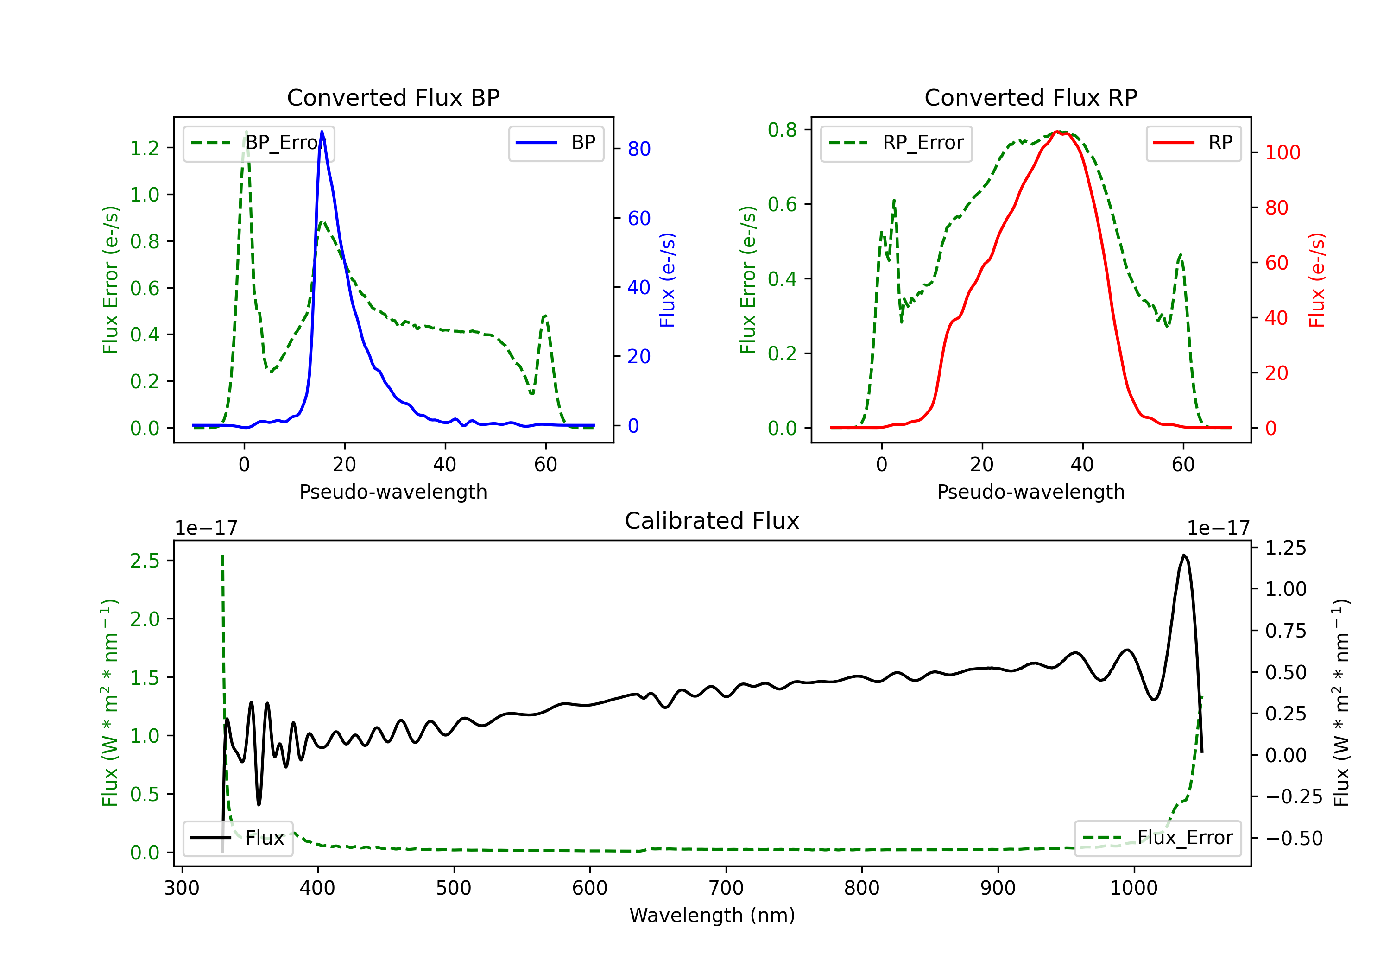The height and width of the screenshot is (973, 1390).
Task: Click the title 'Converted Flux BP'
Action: (393, 97)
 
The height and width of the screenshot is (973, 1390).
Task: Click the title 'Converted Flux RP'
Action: (1030, 97)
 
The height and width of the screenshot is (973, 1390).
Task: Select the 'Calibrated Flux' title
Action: (712, 521)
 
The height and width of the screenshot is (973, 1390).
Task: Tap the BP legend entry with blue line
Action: (556, 143)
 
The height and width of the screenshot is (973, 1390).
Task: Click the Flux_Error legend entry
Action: (1157, 838)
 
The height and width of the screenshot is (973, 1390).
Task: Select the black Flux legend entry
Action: (237, 838)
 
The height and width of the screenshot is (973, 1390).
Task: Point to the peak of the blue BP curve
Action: (322, 132)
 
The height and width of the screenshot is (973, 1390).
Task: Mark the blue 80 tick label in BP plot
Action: (638, 149)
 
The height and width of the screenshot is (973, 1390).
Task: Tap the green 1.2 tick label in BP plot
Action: (145, 148)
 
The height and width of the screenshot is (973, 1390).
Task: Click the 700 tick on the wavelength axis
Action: (726, 888)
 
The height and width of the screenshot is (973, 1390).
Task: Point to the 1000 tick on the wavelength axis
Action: (1134, 888)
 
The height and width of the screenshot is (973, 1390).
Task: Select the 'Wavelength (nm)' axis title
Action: (712, 916)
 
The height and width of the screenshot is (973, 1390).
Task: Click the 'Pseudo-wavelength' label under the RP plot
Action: (1030, 492)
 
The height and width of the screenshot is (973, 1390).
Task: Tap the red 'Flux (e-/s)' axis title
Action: (1317, 280)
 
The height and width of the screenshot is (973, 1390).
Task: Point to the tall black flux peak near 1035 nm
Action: (1183, 555)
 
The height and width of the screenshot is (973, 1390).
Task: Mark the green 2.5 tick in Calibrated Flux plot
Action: (145, 561)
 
